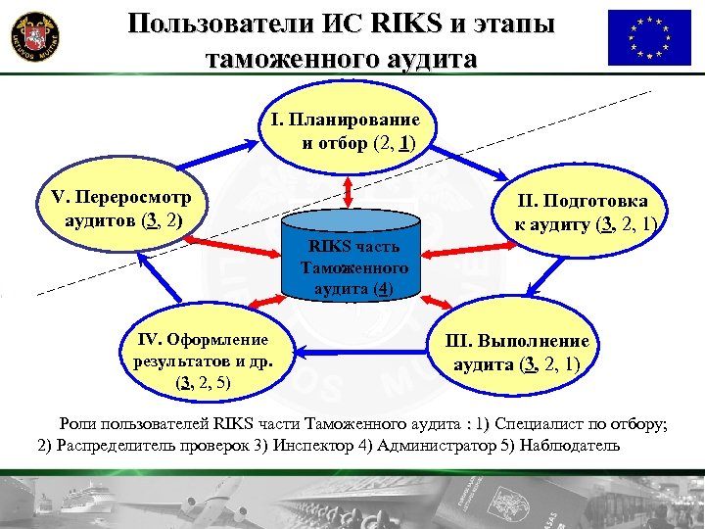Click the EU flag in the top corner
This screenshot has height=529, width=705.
pos(648,37)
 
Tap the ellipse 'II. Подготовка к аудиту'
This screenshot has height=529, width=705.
pos(588,213)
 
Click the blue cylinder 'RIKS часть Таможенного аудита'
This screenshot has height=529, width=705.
pos(352,265)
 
